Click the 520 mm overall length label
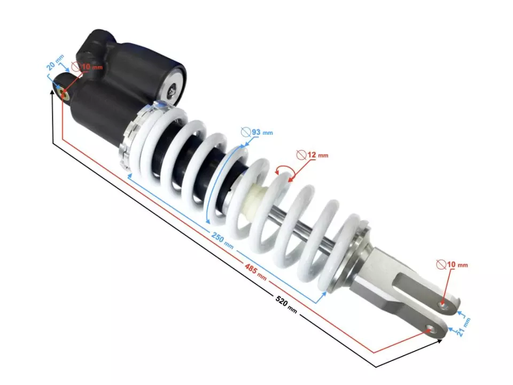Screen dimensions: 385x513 (x=286, y=303)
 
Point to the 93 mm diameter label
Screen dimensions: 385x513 (x=262, y=132)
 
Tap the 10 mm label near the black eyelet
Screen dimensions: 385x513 (x=91, y=67)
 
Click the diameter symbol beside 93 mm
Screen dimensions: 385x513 (x=246, y=131)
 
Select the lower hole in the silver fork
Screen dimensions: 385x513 (x=429, y=329)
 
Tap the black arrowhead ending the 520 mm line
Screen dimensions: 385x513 (x=439, y=340)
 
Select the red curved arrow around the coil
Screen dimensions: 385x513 (x=281, y=170)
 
